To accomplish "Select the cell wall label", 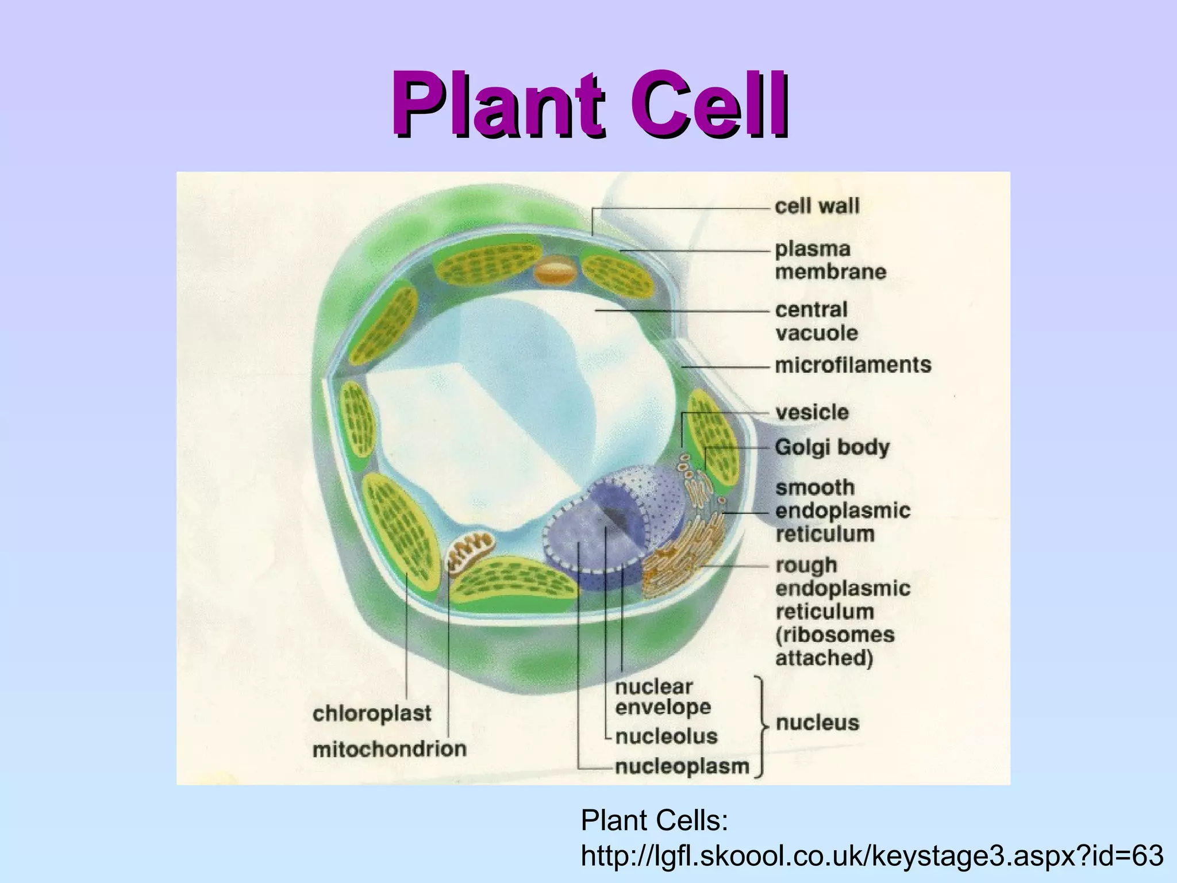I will (817, 206).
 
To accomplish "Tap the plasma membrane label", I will (830, 260).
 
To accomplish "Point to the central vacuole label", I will (816, 321).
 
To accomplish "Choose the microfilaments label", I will (853, 365).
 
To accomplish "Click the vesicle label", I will (811, 412).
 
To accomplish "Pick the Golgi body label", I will (832, 447).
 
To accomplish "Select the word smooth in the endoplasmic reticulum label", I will (814, 487).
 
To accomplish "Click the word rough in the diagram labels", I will (806, 565).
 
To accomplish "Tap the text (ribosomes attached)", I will (834, 646).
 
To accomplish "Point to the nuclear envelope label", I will (662, 697).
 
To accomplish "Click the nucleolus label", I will (666, 736).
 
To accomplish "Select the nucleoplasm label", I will (682, 766).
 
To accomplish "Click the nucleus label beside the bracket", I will (817, 723).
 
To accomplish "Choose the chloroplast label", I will (372, 713).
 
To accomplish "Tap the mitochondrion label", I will (389, 749).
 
